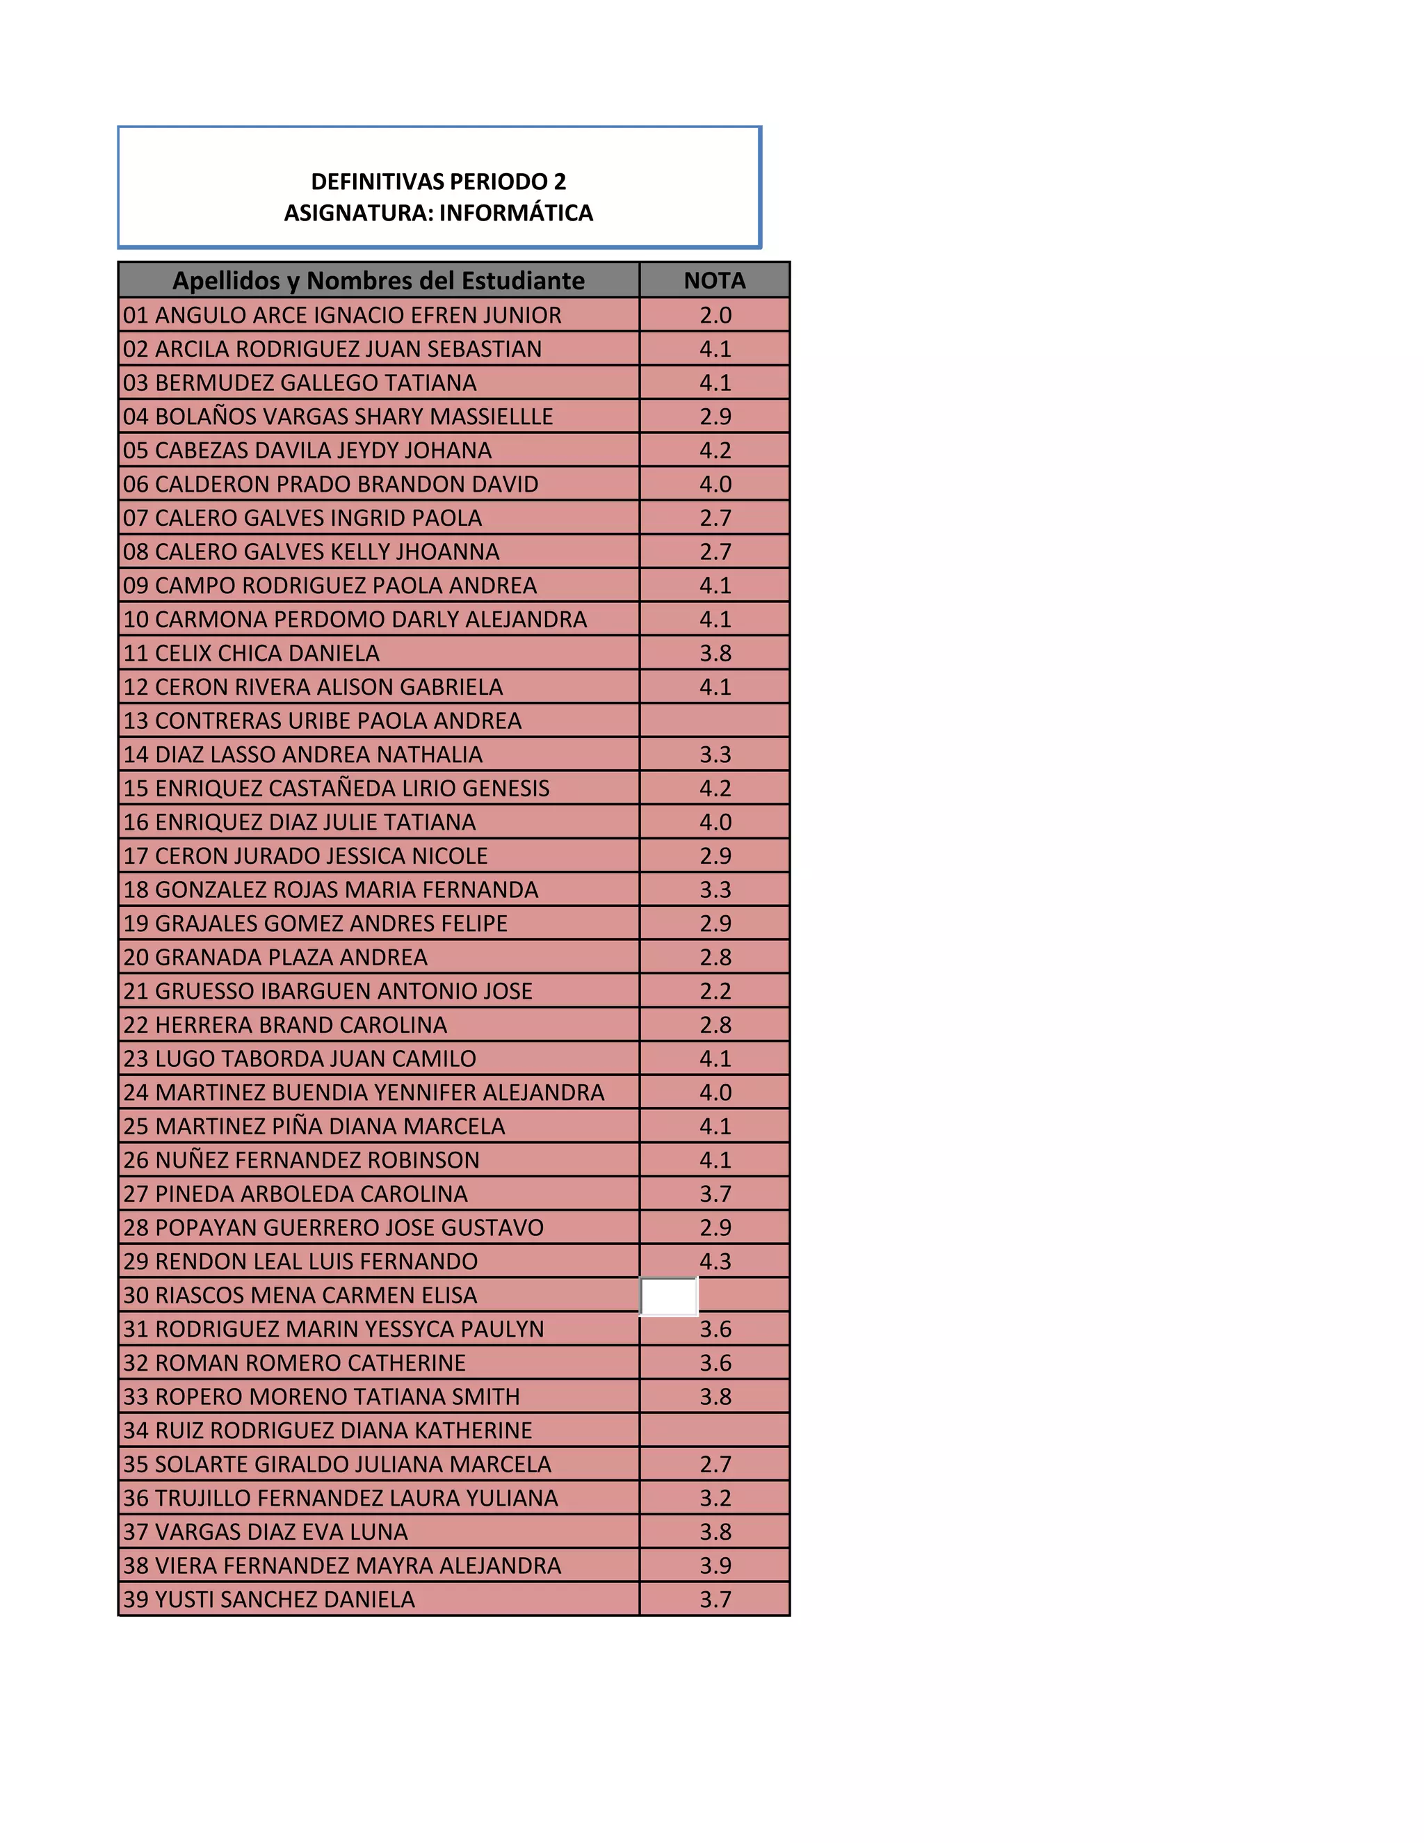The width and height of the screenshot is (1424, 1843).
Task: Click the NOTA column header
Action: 715,280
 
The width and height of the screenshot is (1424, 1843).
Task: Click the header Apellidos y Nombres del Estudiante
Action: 378,280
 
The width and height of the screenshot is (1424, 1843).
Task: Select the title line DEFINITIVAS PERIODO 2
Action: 439,182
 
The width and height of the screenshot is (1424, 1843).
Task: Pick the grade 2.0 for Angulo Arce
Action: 715,315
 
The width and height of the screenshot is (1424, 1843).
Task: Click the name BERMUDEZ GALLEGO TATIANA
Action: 316,383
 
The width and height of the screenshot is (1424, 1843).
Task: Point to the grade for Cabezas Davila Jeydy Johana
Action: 715,450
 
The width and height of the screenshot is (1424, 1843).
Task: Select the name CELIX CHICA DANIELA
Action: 266,653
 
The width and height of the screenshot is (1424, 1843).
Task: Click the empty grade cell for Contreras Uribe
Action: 715,721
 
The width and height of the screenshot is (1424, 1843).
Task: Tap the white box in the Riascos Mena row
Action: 669,1296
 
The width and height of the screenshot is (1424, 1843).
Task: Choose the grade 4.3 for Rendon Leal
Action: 715,1261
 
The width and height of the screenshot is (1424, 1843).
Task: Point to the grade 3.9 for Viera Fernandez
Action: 715,1566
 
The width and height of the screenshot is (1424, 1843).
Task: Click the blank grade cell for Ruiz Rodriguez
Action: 715,1431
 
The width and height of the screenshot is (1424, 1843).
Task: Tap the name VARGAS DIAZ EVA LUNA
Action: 281,1531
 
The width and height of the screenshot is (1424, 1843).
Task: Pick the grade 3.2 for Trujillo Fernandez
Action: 715,1498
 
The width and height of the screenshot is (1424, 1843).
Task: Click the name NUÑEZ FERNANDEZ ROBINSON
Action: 316,1159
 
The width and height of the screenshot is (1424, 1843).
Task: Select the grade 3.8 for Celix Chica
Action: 715,653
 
